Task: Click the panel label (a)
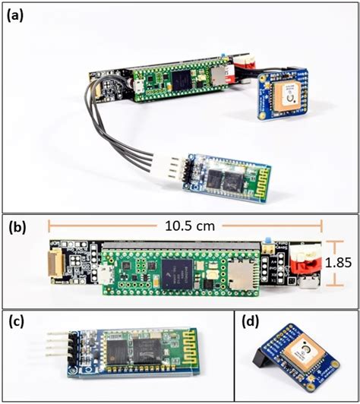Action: pyautogui.click(x=16, y=12)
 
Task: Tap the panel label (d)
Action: pyautogui.click(x=251, y=322)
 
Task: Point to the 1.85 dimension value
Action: pyautogui.click(x=340, y=264)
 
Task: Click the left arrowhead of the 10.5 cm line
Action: pyautogui.click(x=50, y=226)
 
